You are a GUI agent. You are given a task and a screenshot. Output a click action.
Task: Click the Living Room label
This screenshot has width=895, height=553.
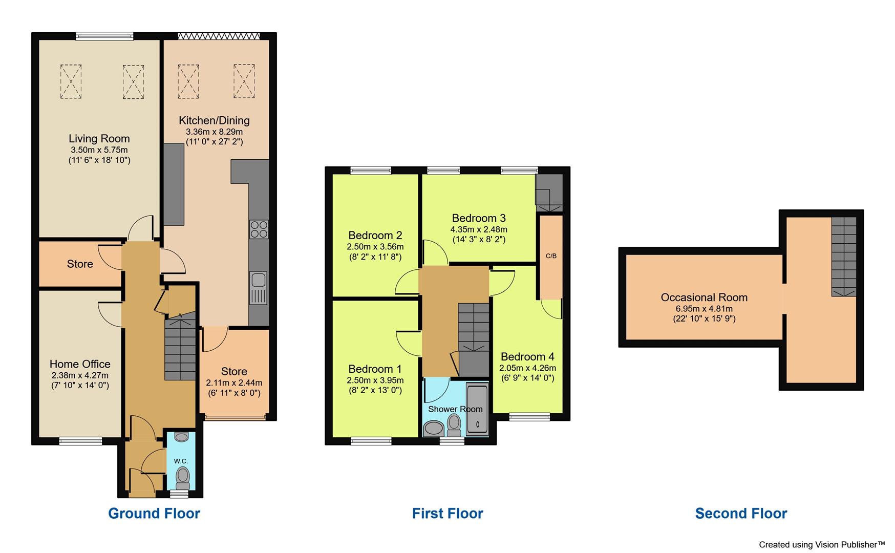click(x=99, y=139)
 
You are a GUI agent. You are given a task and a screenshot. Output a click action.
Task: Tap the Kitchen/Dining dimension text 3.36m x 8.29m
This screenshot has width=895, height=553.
click(x=214, y=132)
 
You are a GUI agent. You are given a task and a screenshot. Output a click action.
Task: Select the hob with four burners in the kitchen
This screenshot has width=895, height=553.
click(x=259, y=229)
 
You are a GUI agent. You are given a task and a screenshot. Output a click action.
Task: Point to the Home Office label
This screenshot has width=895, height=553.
click(x=80, y=364)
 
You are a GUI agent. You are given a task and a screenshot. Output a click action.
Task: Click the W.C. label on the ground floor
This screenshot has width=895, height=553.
click(x=181, y=461)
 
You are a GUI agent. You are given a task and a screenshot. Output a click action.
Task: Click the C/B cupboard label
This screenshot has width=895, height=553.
click(x=551, y=256)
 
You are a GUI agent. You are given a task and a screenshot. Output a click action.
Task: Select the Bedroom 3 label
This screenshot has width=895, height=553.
click(x=479, y=218)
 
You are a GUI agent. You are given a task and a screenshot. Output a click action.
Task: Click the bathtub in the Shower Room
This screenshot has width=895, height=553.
click(x=477, y=410)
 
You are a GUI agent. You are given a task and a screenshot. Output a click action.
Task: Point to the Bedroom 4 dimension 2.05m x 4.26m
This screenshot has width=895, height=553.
click(x=527, y=368)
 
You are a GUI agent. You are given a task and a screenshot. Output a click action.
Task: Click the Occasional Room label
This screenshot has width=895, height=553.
click(x=704, y=297)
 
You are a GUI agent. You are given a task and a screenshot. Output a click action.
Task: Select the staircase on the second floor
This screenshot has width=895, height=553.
click(x=843, y=256)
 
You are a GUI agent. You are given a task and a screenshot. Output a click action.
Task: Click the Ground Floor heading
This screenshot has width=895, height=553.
click(x=154, y=514)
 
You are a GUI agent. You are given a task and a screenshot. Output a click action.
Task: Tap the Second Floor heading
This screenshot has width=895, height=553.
click(x=741, y=514)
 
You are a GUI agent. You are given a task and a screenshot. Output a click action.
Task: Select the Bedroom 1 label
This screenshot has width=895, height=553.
click(x=375, y=369)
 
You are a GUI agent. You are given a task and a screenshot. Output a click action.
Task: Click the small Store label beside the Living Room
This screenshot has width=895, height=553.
click(x=80, y=264)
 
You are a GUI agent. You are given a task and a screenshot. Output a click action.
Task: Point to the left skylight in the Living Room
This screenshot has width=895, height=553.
click(x=71, y=81)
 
